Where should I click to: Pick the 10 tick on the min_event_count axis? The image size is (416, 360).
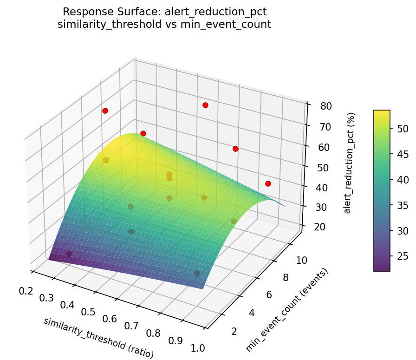coord(302,260)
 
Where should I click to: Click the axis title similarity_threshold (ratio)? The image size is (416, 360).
coord(98,338)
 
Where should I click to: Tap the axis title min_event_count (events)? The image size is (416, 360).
coord(287,310)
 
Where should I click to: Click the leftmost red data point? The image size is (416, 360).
coord(105,111)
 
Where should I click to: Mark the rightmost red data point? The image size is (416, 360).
coord(268,183)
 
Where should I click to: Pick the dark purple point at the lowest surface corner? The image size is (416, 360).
coord(69,254)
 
